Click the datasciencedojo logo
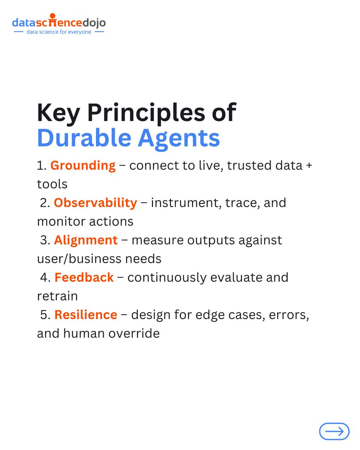coord(59,22)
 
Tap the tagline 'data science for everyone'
coord(59,32)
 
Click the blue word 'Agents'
coord(179,138)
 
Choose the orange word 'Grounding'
coord(83,165)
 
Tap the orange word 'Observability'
coord(95,202)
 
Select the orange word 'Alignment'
coord(85,240)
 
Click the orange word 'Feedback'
coord(84,277)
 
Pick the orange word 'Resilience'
coord(85,315)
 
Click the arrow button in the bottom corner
coord(334,431)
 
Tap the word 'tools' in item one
coord(52,184)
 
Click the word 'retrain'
coord(57,296)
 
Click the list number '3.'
coord(45,240)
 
